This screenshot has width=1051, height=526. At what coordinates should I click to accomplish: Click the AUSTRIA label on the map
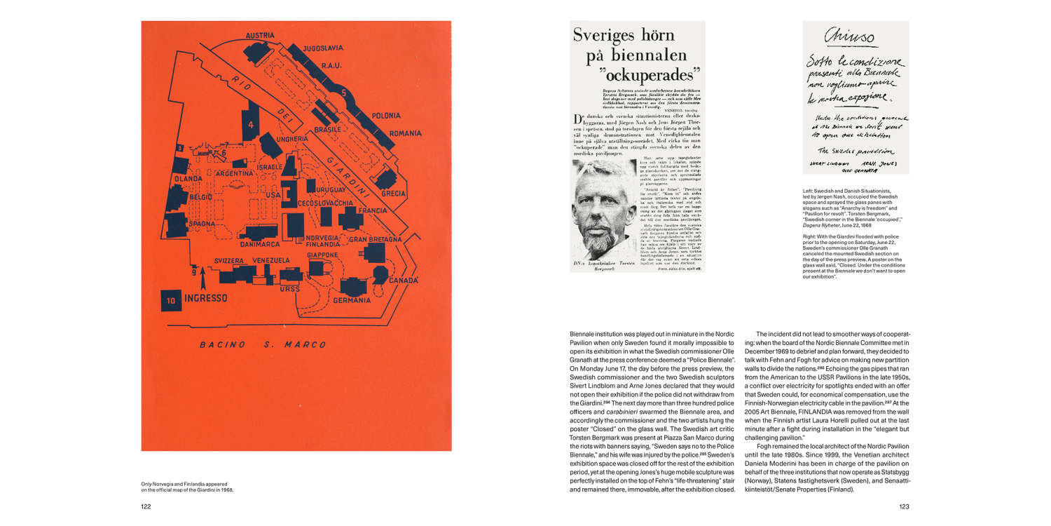tap(260, 35)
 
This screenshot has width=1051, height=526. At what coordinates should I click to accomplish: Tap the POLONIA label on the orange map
tap(387, 114)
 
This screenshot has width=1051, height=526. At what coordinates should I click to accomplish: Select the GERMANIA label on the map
tap(352, 300)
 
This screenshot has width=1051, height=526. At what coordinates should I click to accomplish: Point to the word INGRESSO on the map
tap(205, 298)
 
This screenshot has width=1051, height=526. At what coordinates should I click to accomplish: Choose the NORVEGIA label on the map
tap(324, 238)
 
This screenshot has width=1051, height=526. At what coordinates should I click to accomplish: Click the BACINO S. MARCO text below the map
tap(263, 344)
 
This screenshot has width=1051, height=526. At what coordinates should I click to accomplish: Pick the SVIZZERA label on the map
tap(228, 260)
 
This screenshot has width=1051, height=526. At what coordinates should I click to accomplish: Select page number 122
tap(146, 506)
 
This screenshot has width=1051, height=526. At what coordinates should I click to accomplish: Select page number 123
tap(904, 506)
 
